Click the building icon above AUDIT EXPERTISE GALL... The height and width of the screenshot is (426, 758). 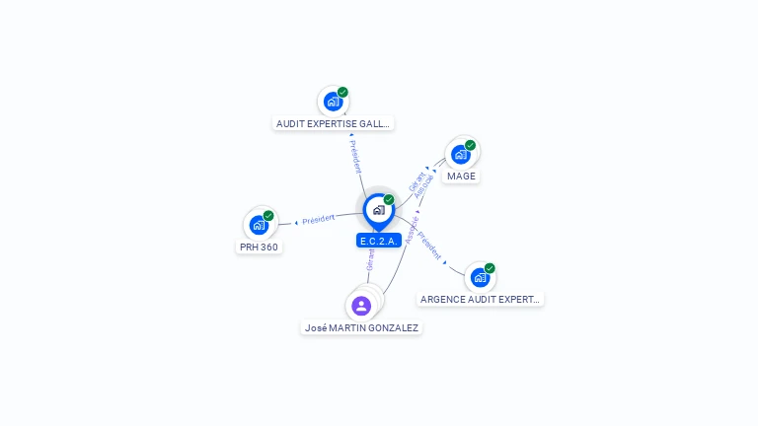pos(333,102)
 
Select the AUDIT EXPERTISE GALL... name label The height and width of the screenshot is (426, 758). pos(334,124)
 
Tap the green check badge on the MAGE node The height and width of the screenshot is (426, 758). pos(470,146)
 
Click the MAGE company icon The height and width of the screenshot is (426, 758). pos(460,155)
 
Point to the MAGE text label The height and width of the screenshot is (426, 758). pos(461,177)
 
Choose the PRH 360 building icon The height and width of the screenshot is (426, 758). pos(259,225)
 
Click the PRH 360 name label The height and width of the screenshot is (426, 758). pos(259,247)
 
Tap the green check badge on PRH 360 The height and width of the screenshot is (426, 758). pos(268,216)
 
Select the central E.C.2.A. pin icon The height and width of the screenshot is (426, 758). pos(378,210)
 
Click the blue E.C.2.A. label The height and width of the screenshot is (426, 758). pos(378,241)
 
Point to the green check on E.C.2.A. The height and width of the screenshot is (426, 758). pos(389,200)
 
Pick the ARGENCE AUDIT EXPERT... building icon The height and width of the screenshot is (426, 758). pos(480,277)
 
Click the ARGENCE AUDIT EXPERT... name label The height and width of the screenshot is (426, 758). pos(481,299)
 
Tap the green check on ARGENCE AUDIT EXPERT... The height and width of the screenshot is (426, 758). pos(490,268)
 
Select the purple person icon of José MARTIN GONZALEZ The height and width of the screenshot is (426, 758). pos(361,306)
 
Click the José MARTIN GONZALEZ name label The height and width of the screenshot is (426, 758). pos(362,327)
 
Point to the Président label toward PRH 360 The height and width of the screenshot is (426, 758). pos(320,218)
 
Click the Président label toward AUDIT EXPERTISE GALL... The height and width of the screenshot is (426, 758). pos(355,156)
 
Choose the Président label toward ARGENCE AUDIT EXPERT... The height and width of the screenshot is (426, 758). pos(430,247)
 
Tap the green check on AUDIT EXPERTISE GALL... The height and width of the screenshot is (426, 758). pos(342,93)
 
